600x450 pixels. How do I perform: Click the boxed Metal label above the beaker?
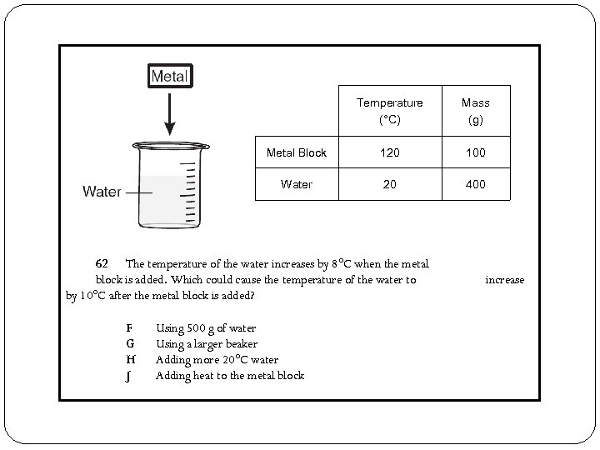tap(170, 76)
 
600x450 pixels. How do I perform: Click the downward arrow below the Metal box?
tap(170, 113)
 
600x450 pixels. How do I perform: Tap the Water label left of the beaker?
tap(102, 192)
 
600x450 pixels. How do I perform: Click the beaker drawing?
tap(169, 184)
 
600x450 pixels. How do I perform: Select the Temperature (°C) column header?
tap(389, 111)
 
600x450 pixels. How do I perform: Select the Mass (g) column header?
tap(475, 111)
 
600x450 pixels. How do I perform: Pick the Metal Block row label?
tap(296, 152)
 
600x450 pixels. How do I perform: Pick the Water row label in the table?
tap(297, 184)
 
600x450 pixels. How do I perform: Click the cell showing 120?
tap(389, 152)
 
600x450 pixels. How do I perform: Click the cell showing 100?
tap(475, 152)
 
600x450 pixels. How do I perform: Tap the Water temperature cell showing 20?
tap(389, 184)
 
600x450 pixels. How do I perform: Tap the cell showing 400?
tap(475, 184)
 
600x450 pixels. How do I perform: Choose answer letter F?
tap(129, 328)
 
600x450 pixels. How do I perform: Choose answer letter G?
tap(130, 344)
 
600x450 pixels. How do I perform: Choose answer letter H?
tap(130, 360)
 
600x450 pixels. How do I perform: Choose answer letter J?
tap(129, 376)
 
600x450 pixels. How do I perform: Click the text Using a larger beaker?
tap(207, 344)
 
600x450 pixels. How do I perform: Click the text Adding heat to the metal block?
tap(230, 376)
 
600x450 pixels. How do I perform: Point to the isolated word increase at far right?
tap(505, 280)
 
